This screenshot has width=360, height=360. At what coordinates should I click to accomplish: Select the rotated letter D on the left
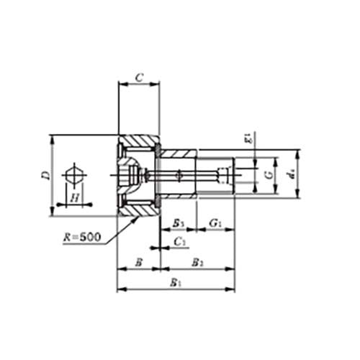click(45, 175)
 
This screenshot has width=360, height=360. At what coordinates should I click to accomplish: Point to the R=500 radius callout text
click(81, 235)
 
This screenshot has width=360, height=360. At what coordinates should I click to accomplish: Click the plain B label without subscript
click(138, 262)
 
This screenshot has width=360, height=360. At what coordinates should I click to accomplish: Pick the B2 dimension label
click(197, 262)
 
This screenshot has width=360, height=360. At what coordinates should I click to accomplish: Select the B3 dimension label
click(178, 222)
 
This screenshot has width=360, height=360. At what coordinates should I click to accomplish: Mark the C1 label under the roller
click(181, 243)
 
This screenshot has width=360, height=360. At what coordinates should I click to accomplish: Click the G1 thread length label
click(215, 222)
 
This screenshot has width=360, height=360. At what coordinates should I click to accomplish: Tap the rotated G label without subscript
click(268, 175)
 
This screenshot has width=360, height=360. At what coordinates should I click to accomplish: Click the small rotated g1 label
click(247, 139)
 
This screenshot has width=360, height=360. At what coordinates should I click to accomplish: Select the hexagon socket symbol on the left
click(73, 175)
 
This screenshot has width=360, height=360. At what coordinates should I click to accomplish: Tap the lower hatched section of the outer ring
click(140, 208)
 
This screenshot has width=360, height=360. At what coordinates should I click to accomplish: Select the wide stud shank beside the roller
click(177, 175)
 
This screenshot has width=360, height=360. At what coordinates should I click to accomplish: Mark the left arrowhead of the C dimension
click(120, 83)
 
